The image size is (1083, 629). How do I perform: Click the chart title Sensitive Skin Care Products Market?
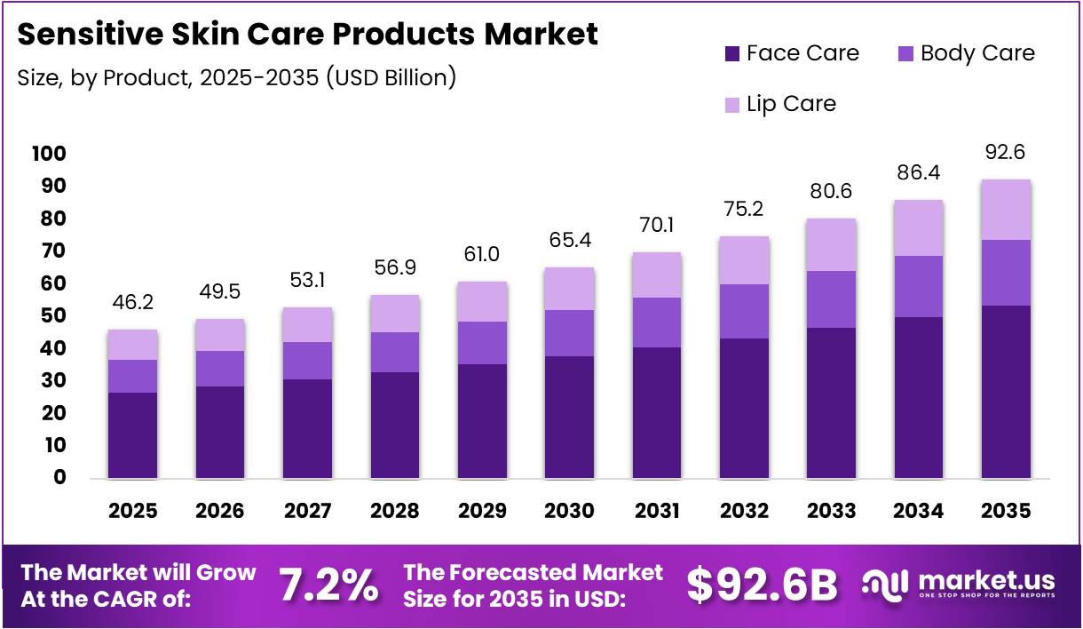(307, 36)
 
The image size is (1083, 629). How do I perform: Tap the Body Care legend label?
(977, 53)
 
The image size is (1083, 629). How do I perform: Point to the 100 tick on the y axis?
(48, 154)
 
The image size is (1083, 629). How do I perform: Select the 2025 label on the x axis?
(132, 511)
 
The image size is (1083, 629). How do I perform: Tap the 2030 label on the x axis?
(569, 511)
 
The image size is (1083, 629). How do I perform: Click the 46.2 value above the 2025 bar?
(132, 303)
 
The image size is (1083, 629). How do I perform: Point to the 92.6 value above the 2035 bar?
(1006, 153)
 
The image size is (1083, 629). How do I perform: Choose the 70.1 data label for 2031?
(657, 225)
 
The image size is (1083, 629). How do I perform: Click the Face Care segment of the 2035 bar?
(1006, 392)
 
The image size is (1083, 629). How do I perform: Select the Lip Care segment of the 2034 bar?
(919, 228)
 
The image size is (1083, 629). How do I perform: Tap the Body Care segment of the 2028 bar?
(394, 352)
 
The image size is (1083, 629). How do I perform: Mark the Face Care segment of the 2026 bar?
(219, 433)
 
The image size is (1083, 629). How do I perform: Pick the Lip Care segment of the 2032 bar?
(744, 260)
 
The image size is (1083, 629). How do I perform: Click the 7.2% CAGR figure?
(328, 585)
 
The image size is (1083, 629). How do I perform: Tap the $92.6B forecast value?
(763, 585)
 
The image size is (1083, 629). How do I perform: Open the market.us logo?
(960, 584)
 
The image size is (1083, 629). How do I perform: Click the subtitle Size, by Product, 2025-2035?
(237, 77)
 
